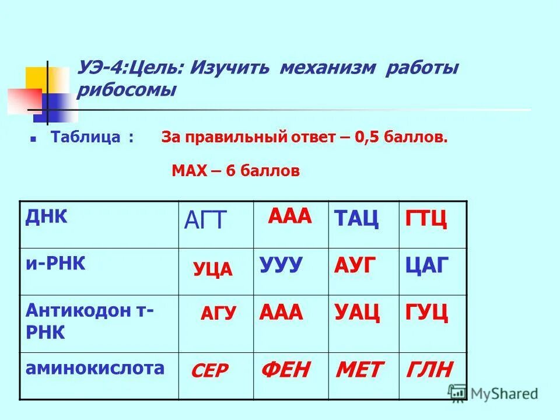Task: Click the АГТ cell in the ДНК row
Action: [205, 220]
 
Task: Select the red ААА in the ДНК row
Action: [290, 216]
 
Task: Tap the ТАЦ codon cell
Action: [356, 219]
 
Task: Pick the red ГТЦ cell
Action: [426, 220]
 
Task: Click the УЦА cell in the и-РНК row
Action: [213, 269]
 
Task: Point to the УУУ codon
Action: [281, 265]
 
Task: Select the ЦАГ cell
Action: [427, 266]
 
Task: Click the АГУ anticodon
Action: [218, 313]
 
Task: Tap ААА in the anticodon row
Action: [281, 312]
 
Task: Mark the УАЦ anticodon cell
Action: [357, 313]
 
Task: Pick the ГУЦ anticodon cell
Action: [426, 313]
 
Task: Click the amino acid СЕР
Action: [210, 370]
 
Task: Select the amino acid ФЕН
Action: [286, 369]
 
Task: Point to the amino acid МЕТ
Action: [360, 369]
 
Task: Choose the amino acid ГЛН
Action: [429, 369]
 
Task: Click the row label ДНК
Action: [47, 216]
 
